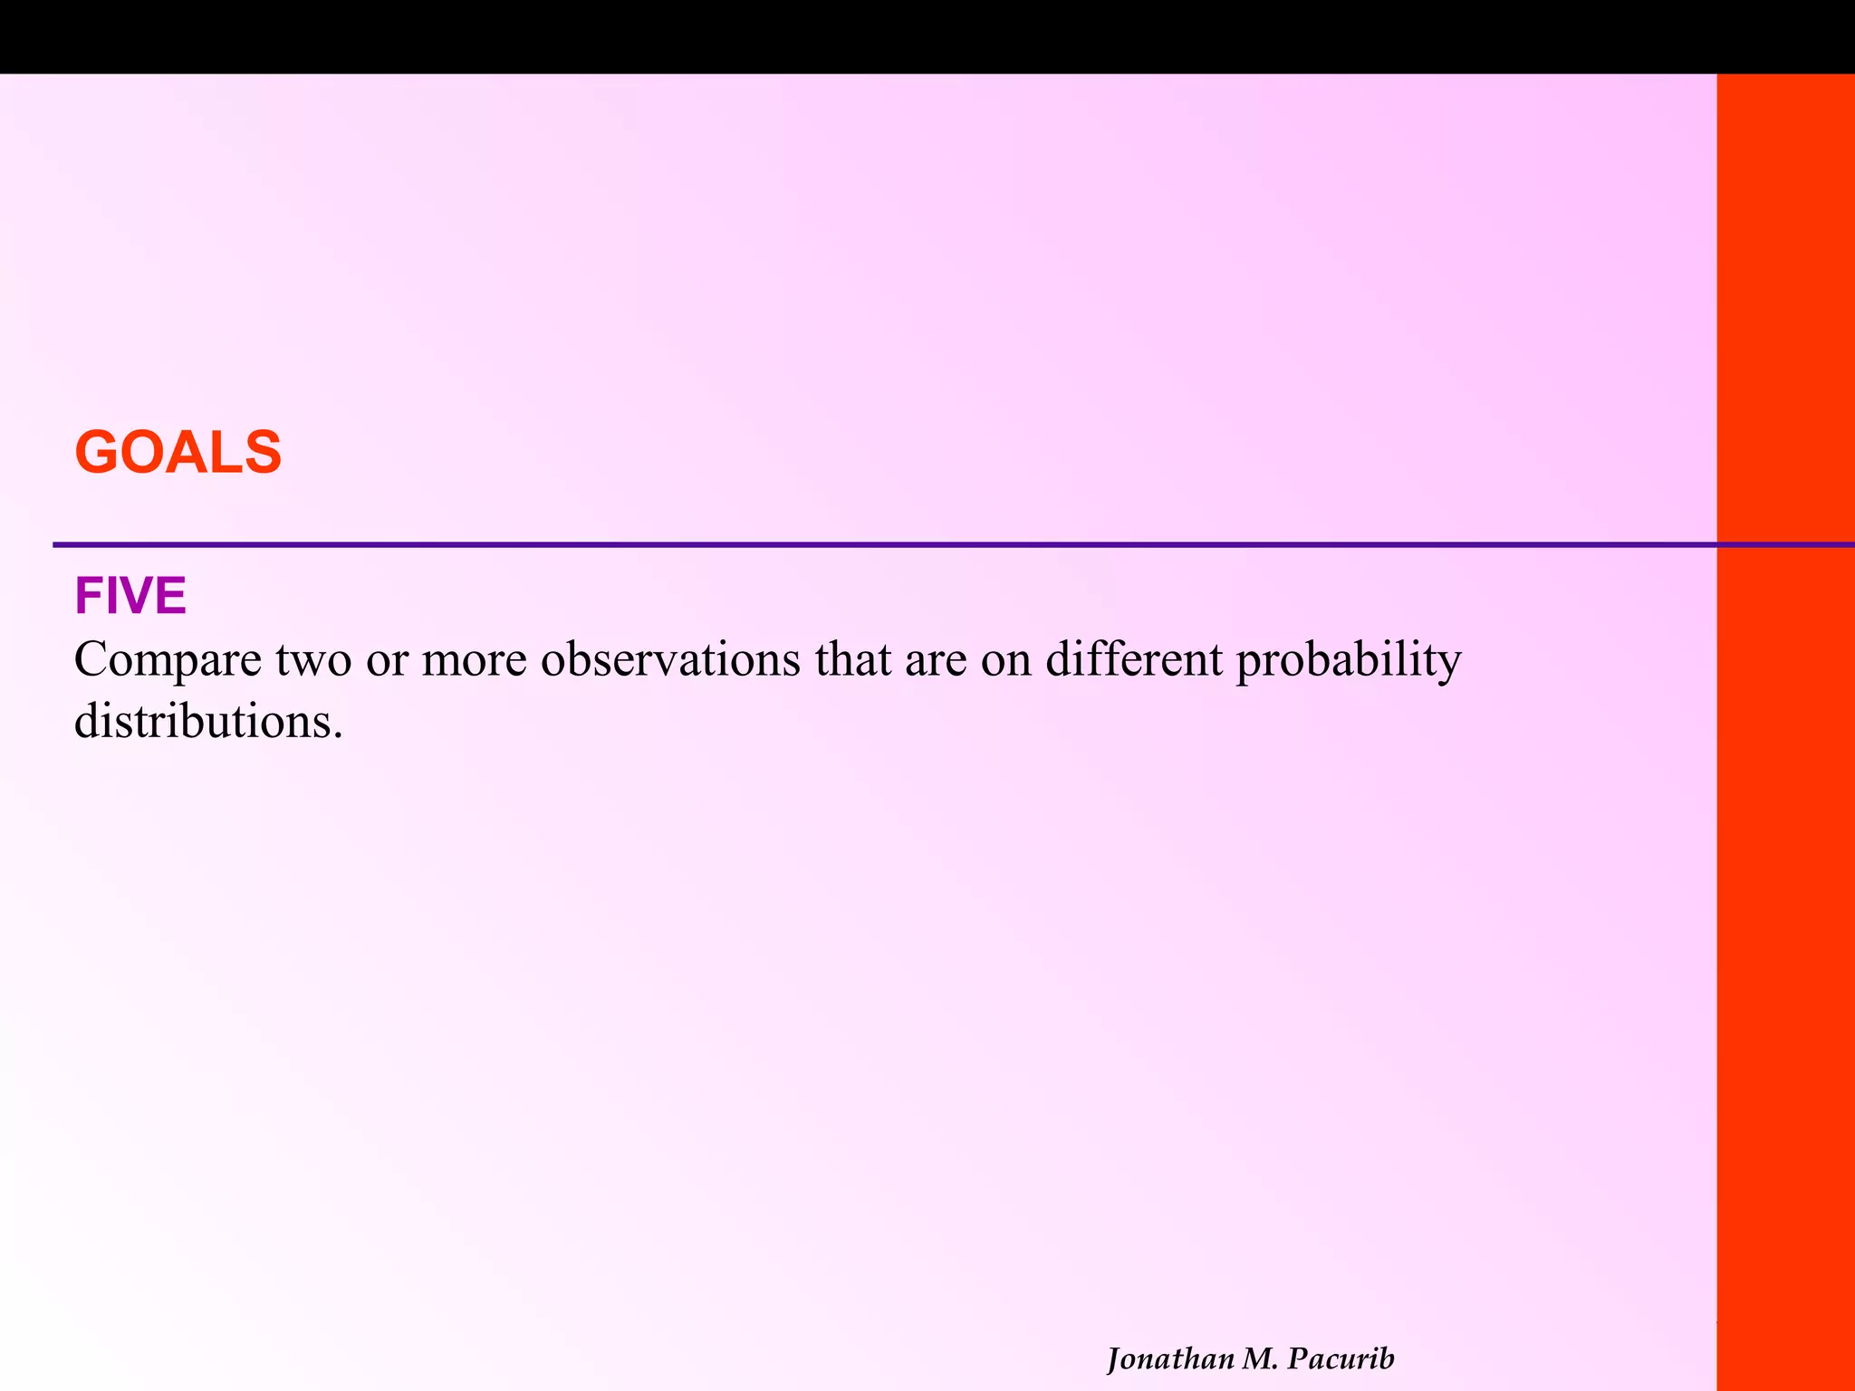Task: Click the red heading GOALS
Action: coord(178,452)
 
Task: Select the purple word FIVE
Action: coord(130,596)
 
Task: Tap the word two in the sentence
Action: coord(313,659)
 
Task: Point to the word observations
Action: coord(670,659)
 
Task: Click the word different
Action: coord(1133,659)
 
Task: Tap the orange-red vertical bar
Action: coord(1785,815)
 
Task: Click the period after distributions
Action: coord(338,734)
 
